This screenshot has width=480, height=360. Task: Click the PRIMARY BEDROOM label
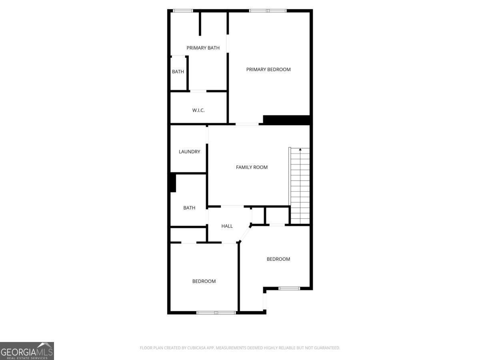pos(268,70)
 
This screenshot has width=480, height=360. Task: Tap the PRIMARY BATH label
pos(203,48)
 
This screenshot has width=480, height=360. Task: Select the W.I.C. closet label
pos(198,110)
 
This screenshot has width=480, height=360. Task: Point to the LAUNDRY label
pos(189,152)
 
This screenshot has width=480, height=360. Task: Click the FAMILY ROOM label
pos(252,167)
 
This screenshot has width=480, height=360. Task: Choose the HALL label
pos(227,226)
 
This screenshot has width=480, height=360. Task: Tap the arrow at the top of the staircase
pos(300,150)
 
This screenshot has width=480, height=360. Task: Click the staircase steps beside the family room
pos(300,188)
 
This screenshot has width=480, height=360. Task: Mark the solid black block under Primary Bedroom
pos(286,120)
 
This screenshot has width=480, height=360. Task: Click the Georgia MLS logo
pos(27,351)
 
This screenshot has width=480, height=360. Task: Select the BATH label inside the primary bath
pos(178,72)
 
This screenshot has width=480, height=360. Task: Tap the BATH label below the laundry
pos(189,208)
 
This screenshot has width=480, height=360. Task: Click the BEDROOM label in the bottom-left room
pos(204,281)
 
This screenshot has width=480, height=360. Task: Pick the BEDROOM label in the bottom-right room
pos(278,259)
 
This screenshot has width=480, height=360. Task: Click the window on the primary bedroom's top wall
pos(268,11)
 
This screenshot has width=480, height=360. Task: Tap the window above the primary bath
pos(183,11)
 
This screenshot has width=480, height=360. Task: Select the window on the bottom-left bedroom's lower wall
pos(216,312)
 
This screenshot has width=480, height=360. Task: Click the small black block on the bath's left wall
pos(173,183)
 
